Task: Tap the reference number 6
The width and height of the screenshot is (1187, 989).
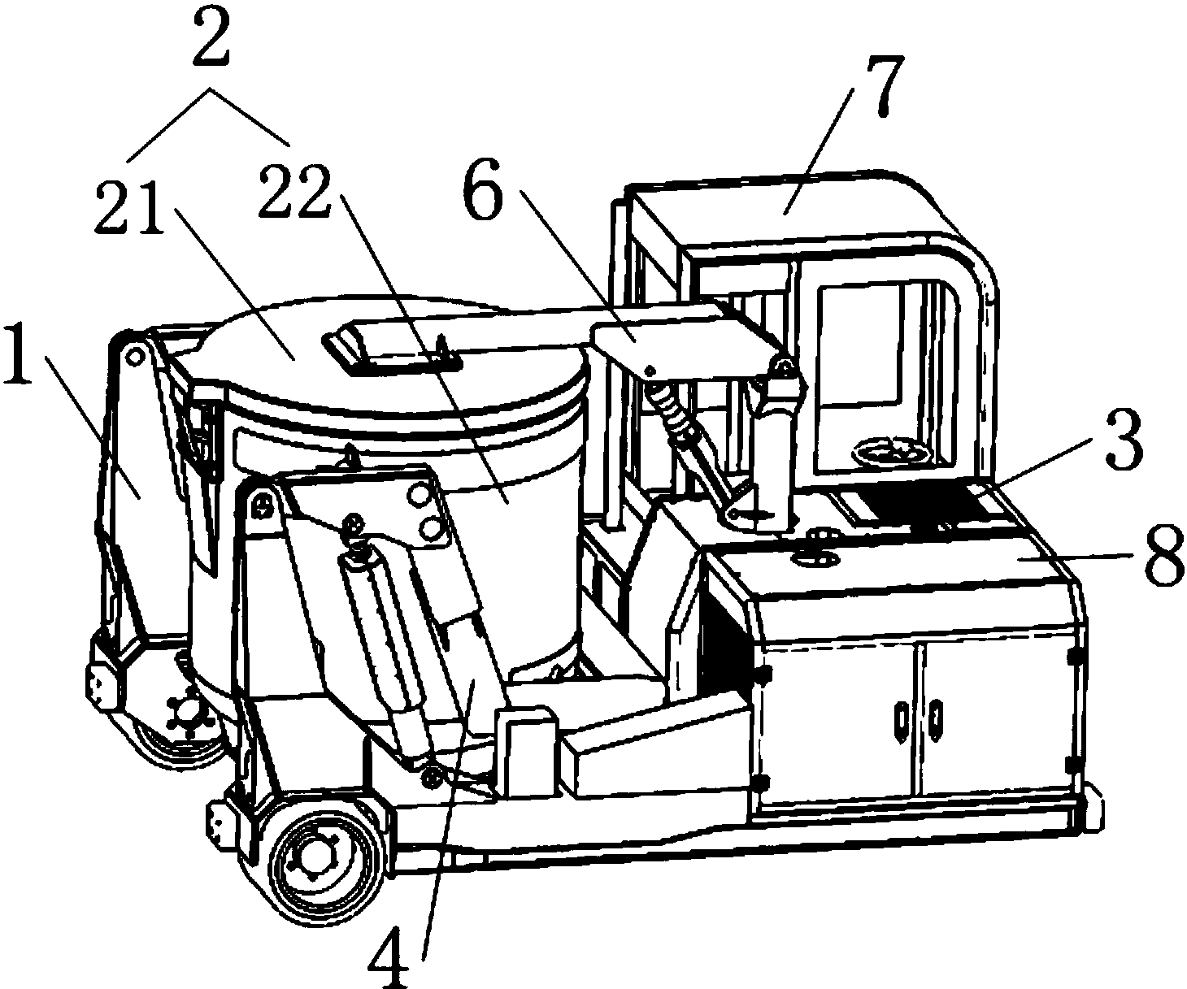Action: click(x=484, y=189)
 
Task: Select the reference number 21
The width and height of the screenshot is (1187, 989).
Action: click(x=129, y=208)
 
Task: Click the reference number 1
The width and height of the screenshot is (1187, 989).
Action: click(x=19, y=353)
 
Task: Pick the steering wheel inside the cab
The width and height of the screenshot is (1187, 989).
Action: click(x=892, y=452)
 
